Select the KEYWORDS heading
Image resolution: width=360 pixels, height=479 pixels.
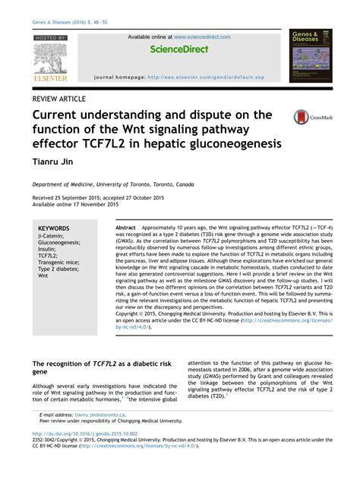[54, 228]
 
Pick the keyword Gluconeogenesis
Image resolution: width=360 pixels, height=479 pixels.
[61, 243]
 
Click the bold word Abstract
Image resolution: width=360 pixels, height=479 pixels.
[125, 228]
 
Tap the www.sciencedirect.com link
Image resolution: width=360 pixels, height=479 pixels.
[201, 36]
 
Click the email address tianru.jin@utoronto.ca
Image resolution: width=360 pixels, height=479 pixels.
[99, 414]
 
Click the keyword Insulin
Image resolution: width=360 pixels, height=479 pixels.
[49, 250]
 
